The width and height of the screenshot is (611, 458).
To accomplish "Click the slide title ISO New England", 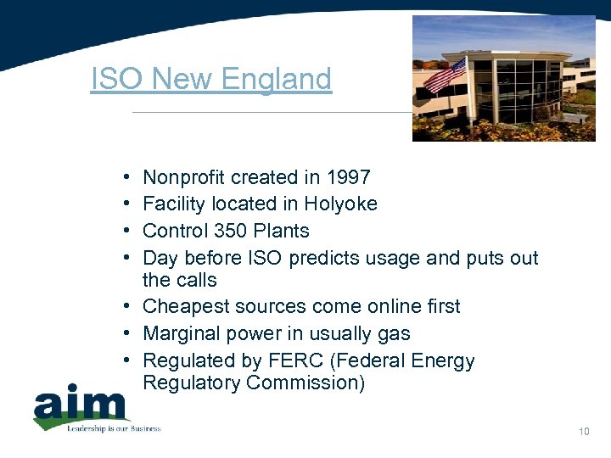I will point(210,80).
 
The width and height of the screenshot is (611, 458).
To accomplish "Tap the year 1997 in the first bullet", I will point(349,177).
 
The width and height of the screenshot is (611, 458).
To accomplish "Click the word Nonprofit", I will point(184,177).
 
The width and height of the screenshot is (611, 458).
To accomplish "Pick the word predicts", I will point(322,258).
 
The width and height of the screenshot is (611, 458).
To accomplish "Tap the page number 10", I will point(584,432).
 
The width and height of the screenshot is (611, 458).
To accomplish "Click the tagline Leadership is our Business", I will point(114,428).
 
